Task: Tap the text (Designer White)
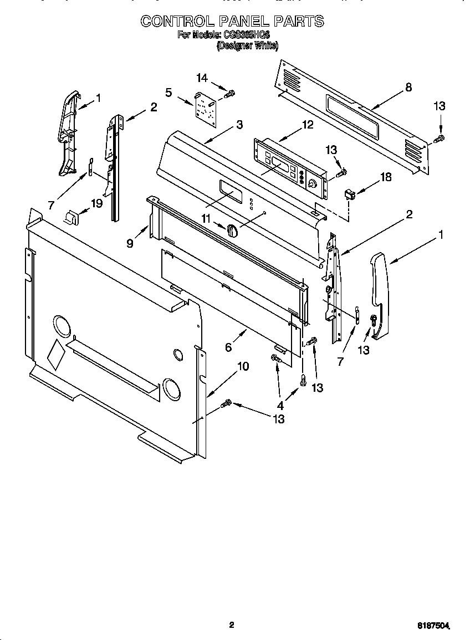[x=247, y=47]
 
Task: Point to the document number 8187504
[x=433, y=626]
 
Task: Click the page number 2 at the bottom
[x=232, y=625]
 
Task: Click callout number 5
[x=169, y=92]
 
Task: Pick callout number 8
[x=408, y=87]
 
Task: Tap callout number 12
[x=307, y=125]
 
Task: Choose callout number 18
[x=385, y=177]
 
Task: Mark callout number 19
[x=96, y=203]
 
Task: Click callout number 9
[x=129, y=242]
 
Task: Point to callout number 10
[x=243, y=366]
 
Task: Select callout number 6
[x=228, y=347]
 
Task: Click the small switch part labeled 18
[x=350, y=194]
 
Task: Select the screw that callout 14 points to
[x=229, y=95]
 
